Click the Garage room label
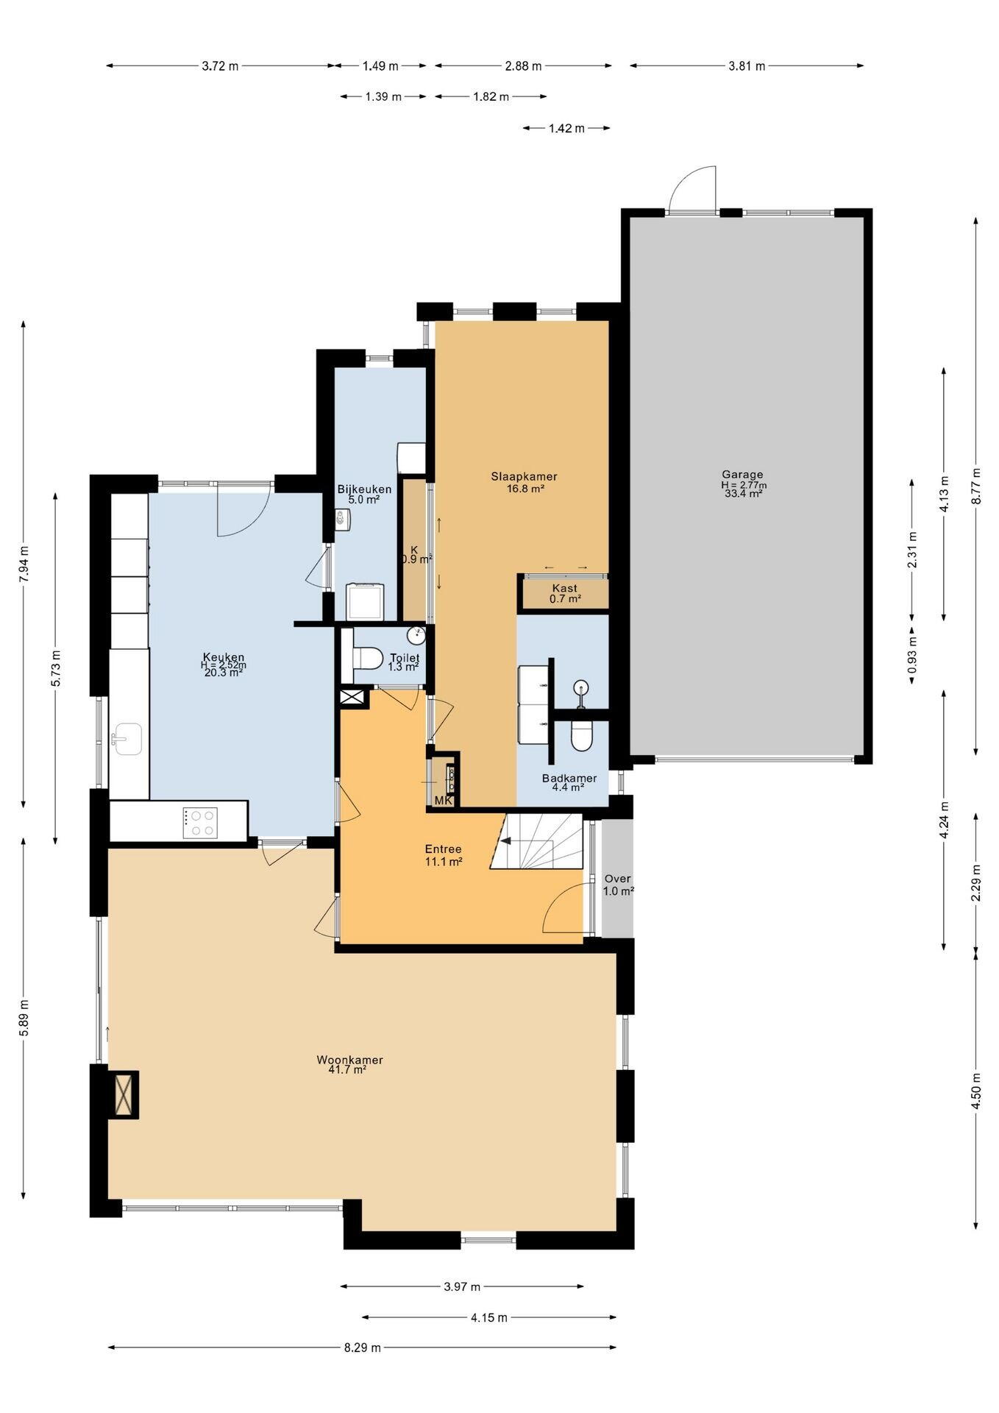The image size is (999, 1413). (742, 475)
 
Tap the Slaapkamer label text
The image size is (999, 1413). (525, 476)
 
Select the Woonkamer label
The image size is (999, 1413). (350, 1060)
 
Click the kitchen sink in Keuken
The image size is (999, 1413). (127, 738)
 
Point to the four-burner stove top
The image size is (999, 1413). (201, 823)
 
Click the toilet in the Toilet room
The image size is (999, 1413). (366, 656)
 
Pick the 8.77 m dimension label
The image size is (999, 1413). (975, 486)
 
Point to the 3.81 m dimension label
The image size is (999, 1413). (747, 66)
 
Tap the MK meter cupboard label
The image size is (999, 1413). (444, 800)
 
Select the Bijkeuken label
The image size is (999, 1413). (364, 489)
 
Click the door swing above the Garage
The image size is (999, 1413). (692, 188)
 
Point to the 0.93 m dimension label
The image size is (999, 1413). (912, 656)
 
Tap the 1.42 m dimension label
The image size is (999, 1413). (566, 128)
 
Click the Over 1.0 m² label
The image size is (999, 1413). (618, 885)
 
